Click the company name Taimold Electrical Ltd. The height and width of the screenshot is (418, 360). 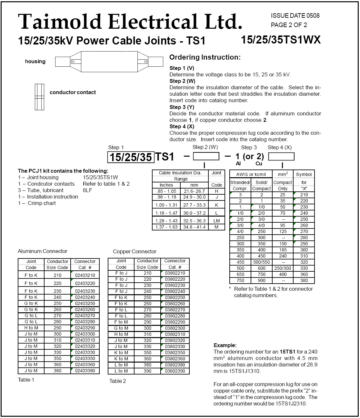(130, 22)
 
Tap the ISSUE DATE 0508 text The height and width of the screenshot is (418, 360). (295, 15)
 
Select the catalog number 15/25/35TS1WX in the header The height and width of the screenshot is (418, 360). (281, 40)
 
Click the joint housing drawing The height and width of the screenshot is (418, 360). (109, 62)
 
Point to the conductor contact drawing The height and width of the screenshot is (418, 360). (39, 97)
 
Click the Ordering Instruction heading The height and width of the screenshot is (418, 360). (205, 57)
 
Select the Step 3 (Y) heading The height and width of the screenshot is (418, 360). (182, 107)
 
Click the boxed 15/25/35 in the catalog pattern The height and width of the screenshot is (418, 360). (131, 157)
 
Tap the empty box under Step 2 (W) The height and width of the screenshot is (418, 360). (206, 156)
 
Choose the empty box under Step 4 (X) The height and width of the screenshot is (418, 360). (281, 156)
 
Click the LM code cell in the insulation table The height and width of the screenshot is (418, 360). (216, 221)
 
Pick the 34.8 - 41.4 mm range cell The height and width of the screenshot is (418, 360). (194, 227)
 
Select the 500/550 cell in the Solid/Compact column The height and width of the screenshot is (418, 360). (261, 262)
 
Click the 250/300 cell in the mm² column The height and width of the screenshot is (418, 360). (283, 268)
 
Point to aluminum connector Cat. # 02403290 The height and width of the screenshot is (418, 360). (85, 328)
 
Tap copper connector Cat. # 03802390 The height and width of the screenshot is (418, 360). (175, 371)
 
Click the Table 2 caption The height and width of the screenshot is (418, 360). (117, 381)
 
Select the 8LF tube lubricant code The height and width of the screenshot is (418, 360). (87, 190)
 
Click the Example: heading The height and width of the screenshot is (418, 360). (225, 345)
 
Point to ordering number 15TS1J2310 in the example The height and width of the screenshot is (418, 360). (291, 403)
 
